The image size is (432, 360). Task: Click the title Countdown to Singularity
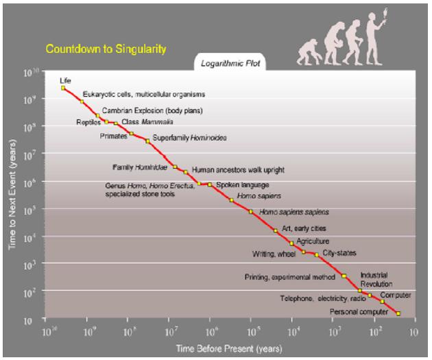point(106,49)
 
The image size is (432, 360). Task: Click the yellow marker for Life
point(63,88)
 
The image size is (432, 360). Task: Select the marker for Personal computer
point(398,313)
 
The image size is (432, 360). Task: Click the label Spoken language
point(242,184)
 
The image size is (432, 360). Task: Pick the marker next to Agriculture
point(291,243)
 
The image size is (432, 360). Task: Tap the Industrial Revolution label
point(376,279)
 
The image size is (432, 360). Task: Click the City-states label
point(339,253)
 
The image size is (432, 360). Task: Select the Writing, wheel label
point(274,254)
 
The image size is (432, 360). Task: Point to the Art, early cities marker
point(275,230)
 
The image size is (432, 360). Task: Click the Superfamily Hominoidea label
point(189,138)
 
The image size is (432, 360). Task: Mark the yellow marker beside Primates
point(132,133)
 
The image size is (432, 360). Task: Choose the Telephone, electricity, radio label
point(322,299)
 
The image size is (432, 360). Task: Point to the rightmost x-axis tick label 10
point(413,331)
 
